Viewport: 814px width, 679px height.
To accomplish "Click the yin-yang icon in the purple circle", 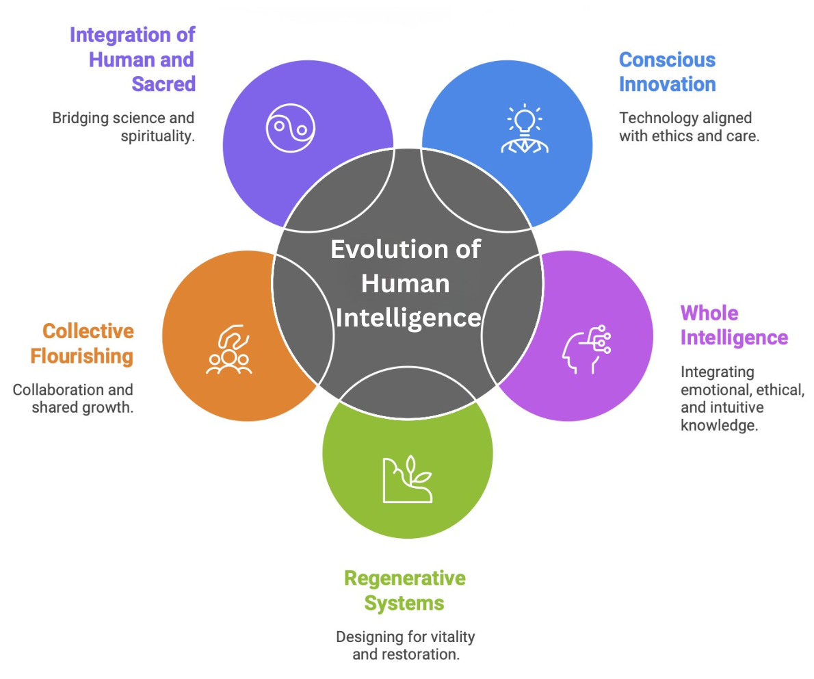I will (x=290, y=127).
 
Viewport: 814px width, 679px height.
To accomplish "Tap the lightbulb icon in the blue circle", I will (x=524, y=129).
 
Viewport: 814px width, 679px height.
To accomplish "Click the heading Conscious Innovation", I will (x=667, y=72).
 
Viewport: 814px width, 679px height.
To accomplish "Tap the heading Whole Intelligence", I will (x=733, y=326).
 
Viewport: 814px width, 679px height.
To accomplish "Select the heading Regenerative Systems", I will (x=404, y=590).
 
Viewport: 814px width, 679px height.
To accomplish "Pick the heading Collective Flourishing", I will (x=88, y=344).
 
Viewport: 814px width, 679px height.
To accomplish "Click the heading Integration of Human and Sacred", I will (x=133, y=59).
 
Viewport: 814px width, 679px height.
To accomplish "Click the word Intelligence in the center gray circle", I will (x=408, y=318).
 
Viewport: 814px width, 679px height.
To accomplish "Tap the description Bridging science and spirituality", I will (x=124, y=126).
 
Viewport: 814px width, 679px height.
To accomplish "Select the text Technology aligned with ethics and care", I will (x=689, y=127).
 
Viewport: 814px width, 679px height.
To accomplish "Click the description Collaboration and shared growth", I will (x=73, y=398).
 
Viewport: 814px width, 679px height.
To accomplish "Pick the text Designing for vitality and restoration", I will (x=405, y=645).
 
